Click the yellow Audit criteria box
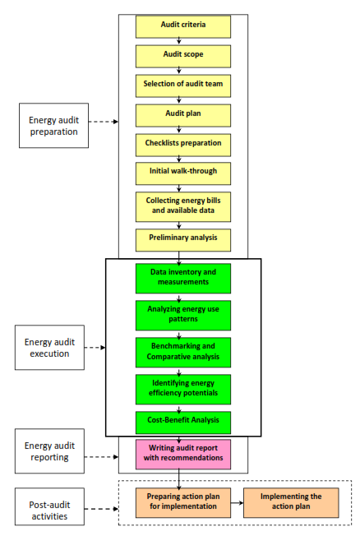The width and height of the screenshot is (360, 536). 183,26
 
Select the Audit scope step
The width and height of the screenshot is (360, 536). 183,57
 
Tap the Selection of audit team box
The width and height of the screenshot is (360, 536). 183,85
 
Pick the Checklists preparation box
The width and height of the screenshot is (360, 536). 183,146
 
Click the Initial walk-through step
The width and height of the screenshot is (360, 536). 183,173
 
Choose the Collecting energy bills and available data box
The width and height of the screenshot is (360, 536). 183,207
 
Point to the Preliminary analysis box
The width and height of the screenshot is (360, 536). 183,240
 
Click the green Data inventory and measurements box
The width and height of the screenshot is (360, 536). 183,278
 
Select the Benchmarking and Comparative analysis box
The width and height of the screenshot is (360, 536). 183,353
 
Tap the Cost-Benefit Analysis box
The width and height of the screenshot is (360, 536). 183,423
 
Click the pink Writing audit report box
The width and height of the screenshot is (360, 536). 183,455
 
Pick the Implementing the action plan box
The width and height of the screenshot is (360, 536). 291,503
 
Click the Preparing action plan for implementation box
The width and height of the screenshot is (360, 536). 183,503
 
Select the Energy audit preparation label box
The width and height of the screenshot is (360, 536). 53,126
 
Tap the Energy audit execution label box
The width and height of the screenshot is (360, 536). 49,347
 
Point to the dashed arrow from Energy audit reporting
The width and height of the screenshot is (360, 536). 102,457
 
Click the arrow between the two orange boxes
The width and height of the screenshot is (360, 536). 237,503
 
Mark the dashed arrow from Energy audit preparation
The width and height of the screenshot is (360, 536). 104,122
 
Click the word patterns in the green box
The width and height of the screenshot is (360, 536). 183,319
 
